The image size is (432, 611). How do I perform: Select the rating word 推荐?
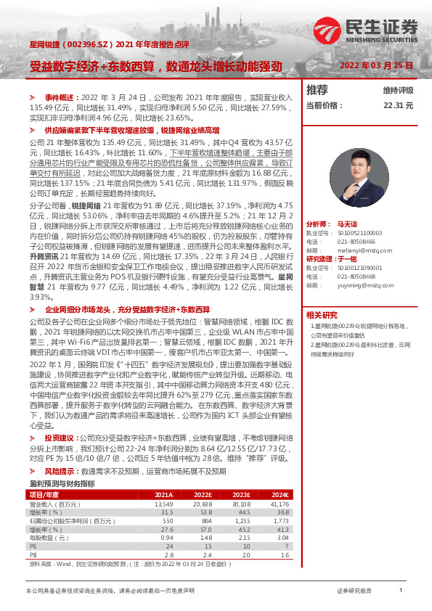tap(317, 90)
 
